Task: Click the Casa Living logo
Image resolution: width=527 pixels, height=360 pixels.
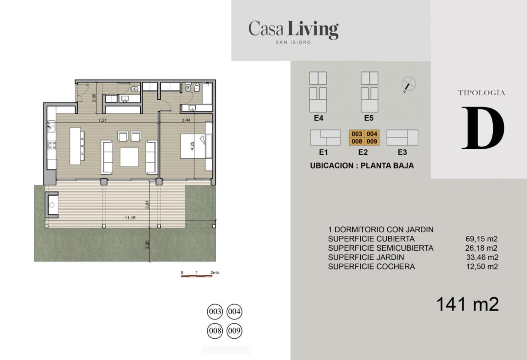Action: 293,32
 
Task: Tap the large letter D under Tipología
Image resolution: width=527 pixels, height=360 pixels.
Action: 483,128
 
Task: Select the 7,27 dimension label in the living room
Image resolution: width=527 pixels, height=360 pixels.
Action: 102,120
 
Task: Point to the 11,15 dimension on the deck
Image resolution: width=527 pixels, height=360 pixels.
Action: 130,218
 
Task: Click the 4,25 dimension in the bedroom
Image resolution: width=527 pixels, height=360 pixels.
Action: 192,146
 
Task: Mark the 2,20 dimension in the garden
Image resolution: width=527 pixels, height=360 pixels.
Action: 147,244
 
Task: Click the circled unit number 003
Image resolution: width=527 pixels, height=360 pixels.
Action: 215,312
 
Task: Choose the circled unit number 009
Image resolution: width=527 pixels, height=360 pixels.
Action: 234,331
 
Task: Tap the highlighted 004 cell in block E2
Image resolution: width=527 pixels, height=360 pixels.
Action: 372,134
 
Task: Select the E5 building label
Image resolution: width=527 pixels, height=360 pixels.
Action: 369,118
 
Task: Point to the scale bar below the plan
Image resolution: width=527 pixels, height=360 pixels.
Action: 197,276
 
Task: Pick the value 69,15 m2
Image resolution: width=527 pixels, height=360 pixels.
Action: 481,239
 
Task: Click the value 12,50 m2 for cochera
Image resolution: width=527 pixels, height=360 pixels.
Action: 482,266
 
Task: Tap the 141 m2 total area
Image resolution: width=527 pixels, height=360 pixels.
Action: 467,304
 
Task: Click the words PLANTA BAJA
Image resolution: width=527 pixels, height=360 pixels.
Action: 387,165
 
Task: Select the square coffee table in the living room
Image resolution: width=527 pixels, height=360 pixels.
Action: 129,157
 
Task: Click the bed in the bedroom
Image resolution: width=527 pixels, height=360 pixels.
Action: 193,146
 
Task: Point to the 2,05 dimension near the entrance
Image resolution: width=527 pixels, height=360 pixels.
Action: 94,98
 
